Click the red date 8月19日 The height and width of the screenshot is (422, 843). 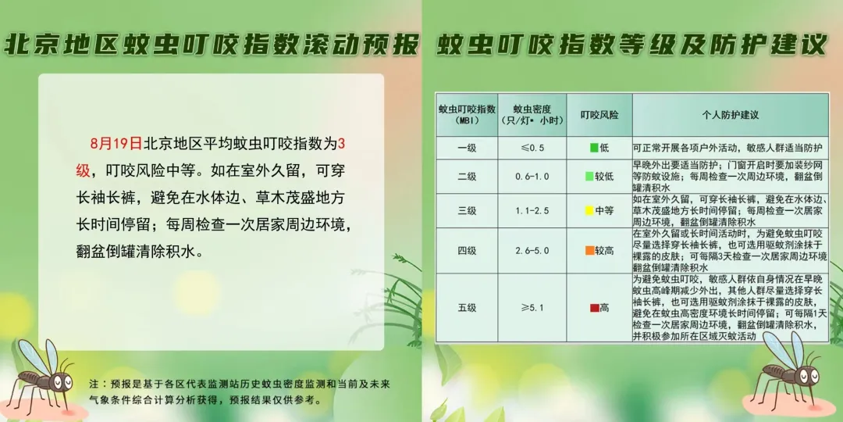tap(116, 144)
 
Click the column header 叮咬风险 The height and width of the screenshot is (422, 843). tap(599, 115)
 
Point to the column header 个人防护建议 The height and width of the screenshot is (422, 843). tap(730, 115)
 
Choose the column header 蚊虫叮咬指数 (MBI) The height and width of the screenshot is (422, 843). tap(467, 114)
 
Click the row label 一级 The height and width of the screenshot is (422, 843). tap(467, 148)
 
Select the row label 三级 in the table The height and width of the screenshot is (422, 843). tap(467, 210)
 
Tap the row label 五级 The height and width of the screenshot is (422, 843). tap(467, 308)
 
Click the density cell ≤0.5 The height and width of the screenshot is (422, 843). tap(532, 148)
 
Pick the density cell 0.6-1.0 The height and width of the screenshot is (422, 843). tap(532, 176)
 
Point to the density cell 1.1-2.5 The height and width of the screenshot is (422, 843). tap(532, 210)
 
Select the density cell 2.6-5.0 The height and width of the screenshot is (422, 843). tap(532, 250)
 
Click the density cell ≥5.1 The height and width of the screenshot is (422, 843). tap(532, 308)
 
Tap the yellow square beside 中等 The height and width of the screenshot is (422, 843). tap(589, 210)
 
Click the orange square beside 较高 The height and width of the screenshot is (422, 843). tap(589, 250)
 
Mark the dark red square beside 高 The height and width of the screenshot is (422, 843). tap(594, 308)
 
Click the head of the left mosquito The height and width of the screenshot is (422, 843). tap(61, 381)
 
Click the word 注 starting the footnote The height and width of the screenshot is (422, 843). tap(94, 384)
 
